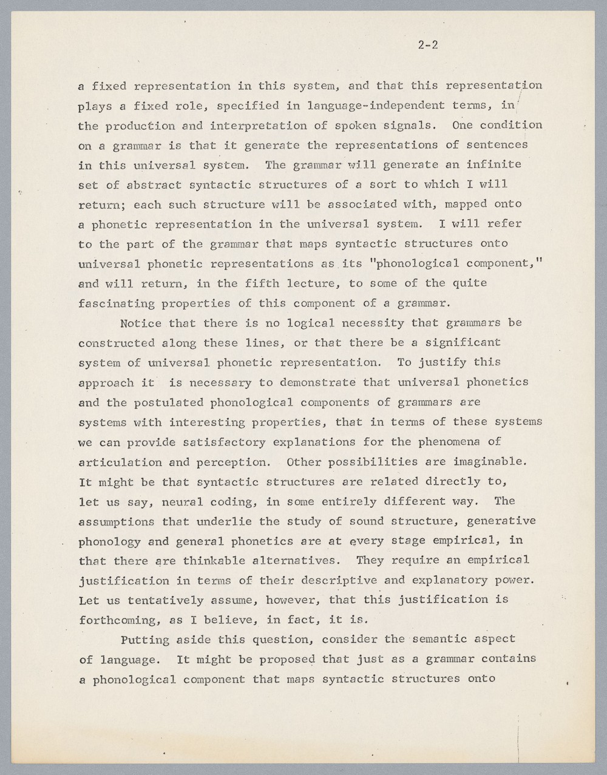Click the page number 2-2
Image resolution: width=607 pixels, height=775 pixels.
(428, 44)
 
